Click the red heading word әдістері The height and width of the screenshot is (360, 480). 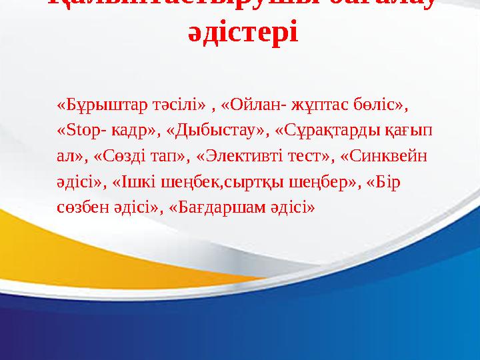[243, 32]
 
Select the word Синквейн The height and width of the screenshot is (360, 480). [393, 157]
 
